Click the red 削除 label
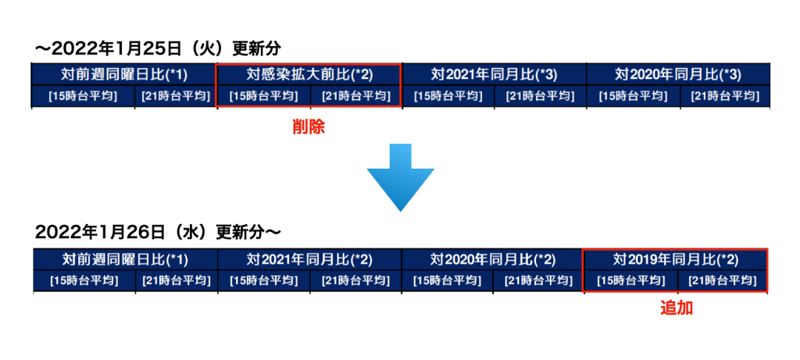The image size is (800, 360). coord(308,127)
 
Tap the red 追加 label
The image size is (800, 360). coord(677,308)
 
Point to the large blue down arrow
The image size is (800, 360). coord(401,177)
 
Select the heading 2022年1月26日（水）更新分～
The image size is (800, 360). coord(158,233)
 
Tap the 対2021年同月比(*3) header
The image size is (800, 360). coord(494,75)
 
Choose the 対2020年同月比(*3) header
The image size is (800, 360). coord(678,75)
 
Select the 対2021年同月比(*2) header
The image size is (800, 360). coord(309,259)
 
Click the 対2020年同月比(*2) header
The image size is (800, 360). coord(492,259)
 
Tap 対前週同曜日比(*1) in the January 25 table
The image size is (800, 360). coord(124,75)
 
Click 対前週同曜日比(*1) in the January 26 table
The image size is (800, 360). coord(125,259)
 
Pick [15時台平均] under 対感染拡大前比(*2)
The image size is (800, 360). coord(263,96)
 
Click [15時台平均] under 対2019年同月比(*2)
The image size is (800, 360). coord(630,280)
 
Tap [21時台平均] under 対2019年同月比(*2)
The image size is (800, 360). coord(723,280)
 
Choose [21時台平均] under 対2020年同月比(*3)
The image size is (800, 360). coord(725,96)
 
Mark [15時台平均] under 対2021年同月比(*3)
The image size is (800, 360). coord(448,96)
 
